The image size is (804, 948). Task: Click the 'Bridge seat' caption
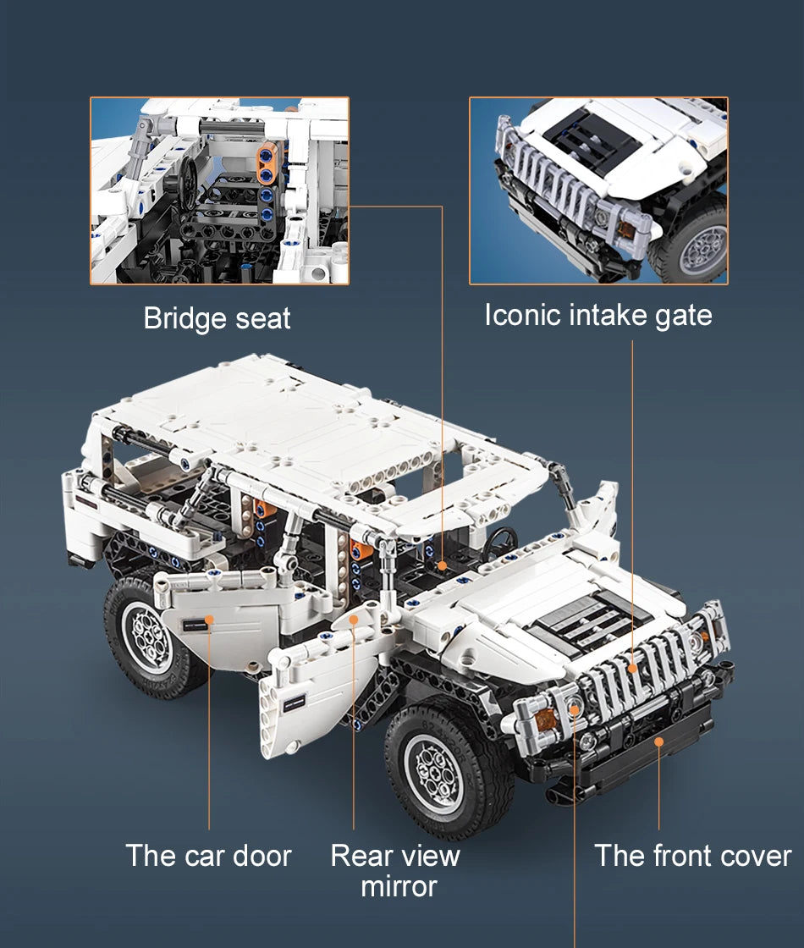point(217,318)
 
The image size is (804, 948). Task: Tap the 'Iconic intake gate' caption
point(598,315)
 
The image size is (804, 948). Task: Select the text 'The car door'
point(208,856)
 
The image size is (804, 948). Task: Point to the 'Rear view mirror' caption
point(396,871)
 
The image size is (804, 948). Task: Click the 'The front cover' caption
point(693,856)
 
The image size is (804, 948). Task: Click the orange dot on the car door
point(209,620)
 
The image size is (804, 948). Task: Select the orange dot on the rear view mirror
point(355,619)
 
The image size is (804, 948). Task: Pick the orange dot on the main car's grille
point(632,668)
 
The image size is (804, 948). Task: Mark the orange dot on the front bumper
point(659,741)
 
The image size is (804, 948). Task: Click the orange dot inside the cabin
point(443,566)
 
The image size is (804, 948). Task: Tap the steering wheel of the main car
point(499,543)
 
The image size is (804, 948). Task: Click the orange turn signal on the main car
point(545,719)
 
